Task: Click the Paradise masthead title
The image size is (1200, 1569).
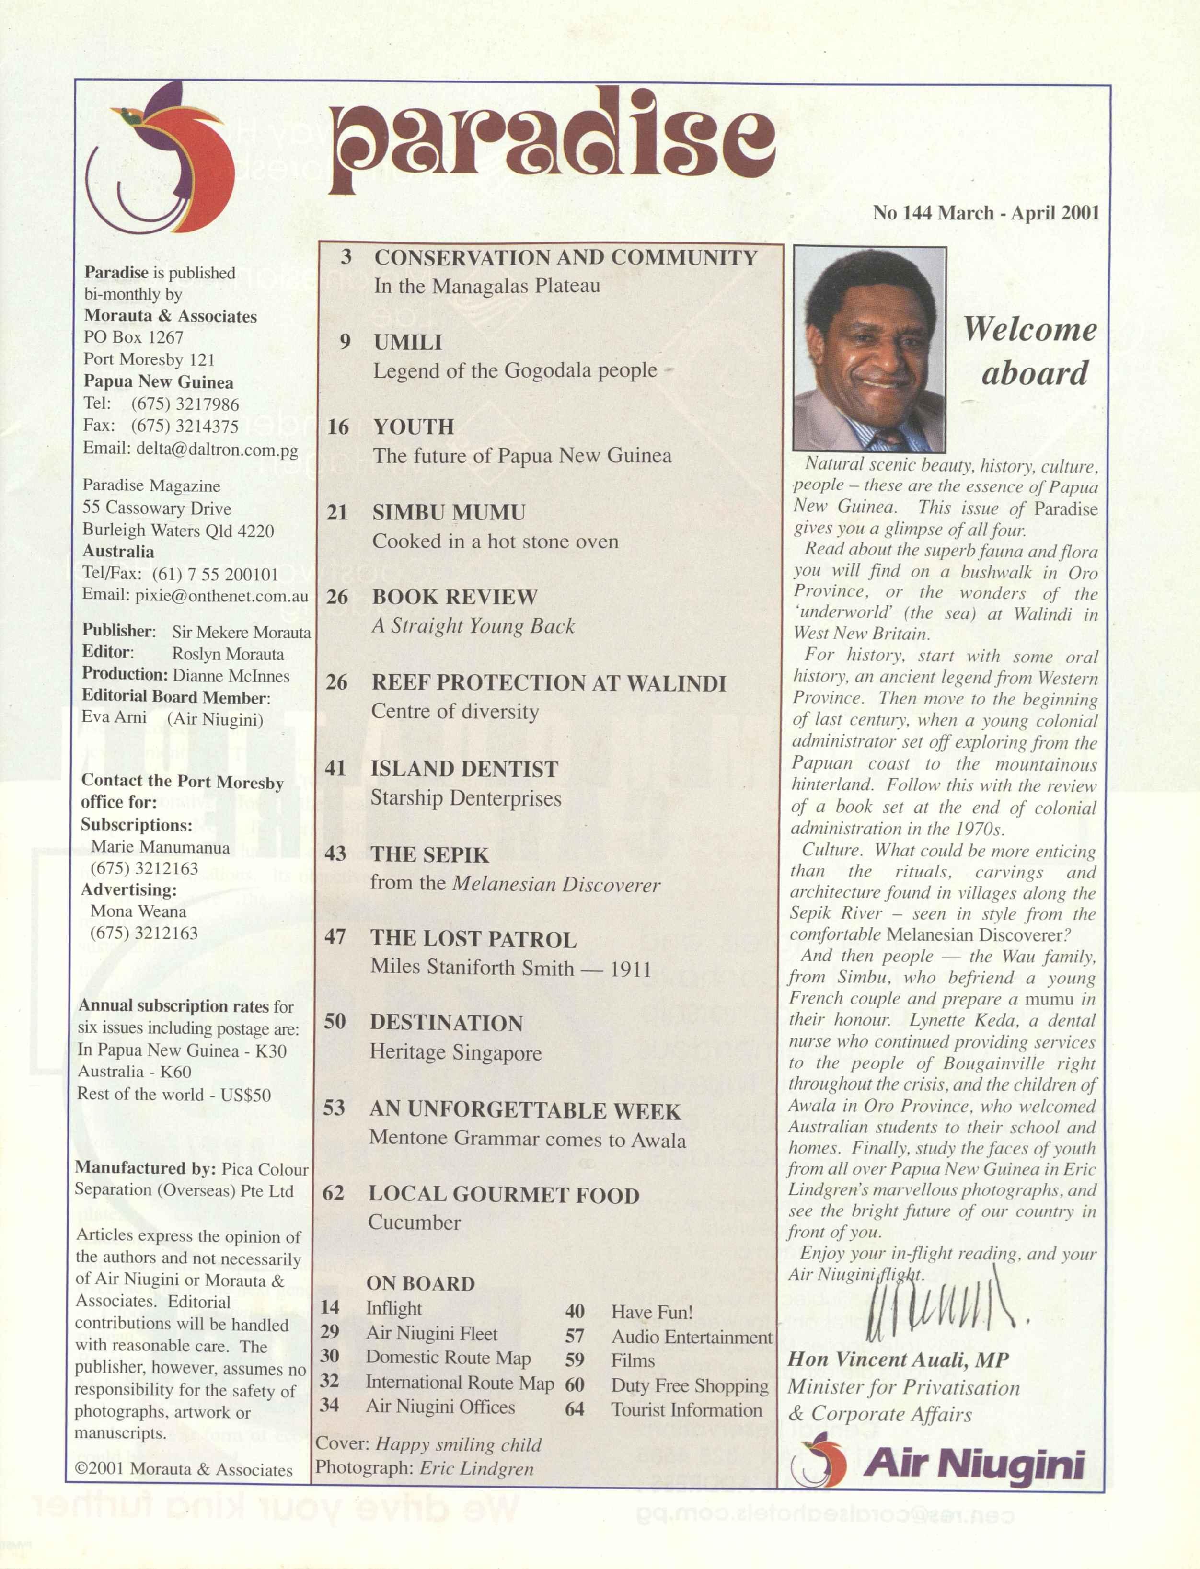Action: (552, 143)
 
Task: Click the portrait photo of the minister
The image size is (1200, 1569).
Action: (869, 348)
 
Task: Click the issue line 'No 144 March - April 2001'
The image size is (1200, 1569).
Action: (986, 213)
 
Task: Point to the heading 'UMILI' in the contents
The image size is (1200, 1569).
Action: (408, 342)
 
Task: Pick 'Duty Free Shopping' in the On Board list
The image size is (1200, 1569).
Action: (689, 1385)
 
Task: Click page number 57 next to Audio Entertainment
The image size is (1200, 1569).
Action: (575, 1336)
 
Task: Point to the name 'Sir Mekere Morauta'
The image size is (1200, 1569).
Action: (242, 632)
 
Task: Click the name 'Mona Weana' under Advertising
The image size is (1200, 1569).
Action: (138, 911)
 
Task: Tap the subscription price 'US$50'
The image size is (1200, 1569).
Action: (246, 1095)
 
